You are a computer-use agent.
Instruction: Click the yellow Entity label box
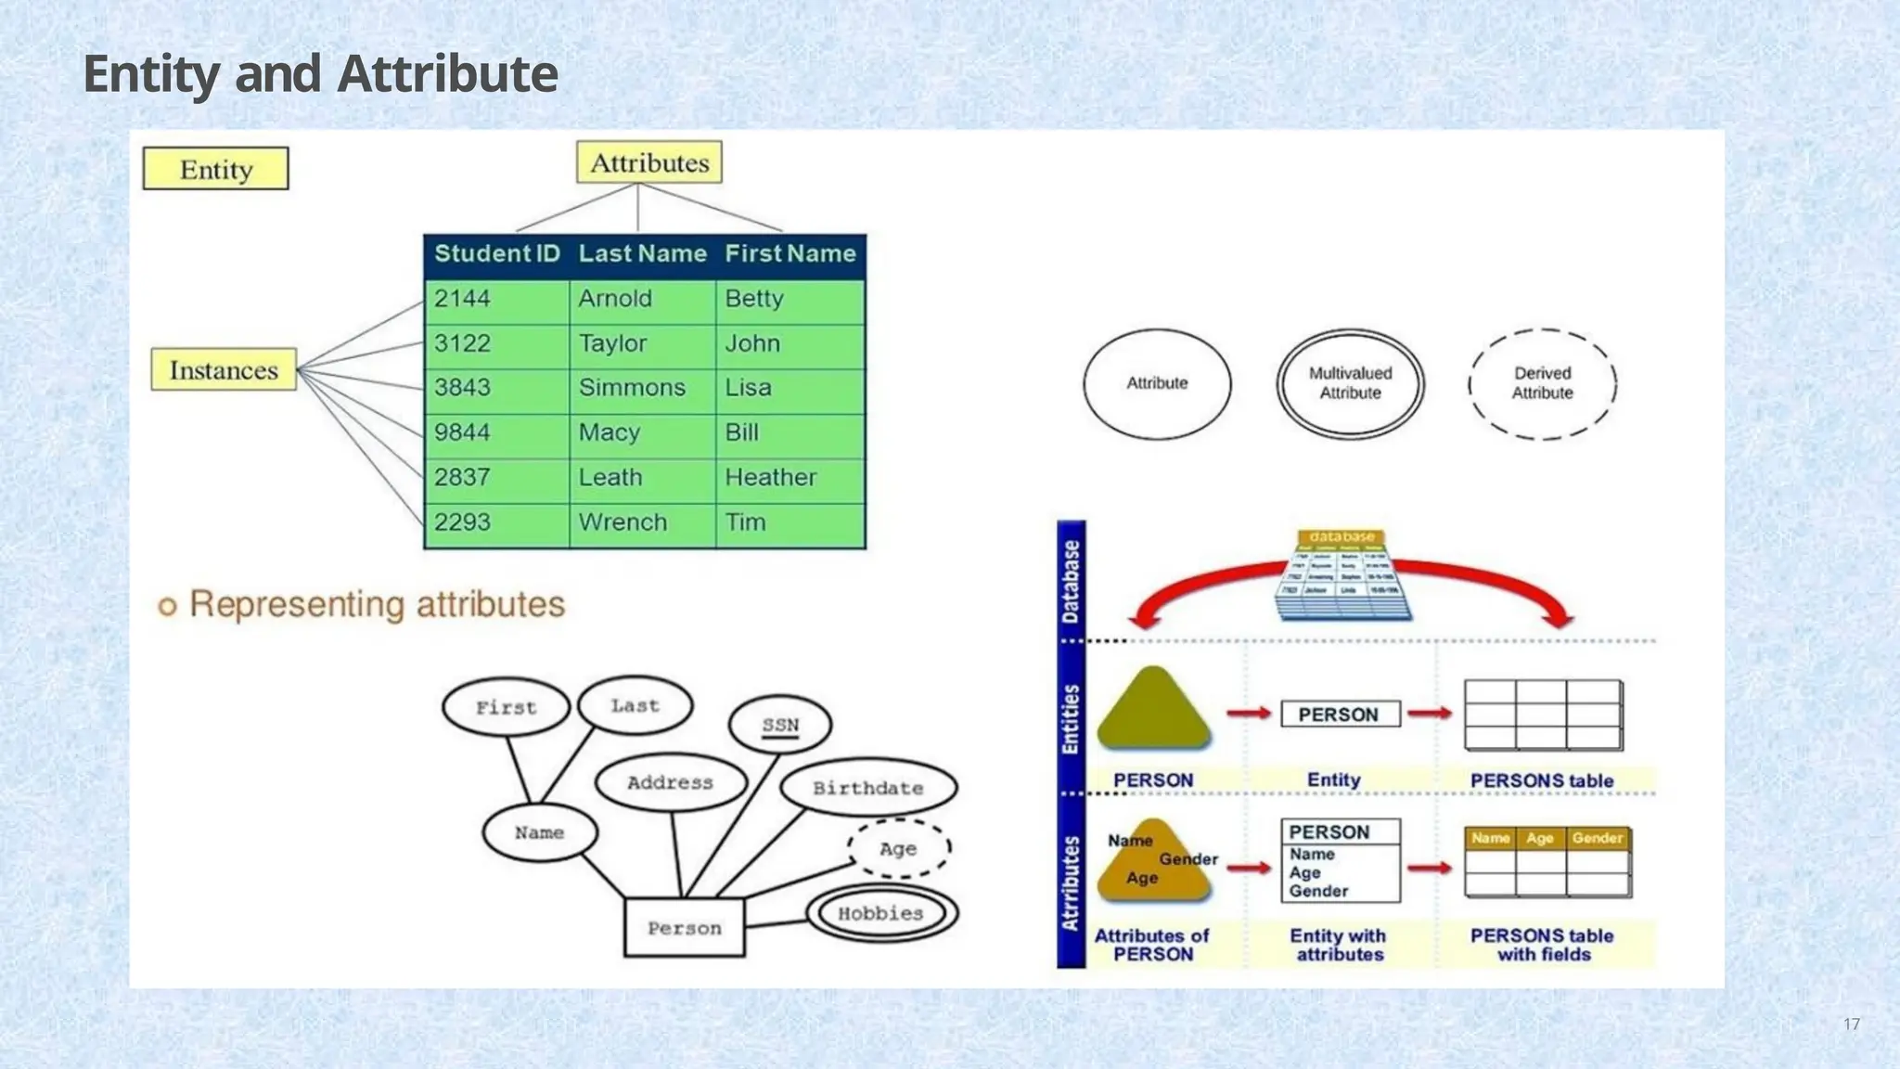[215, 169]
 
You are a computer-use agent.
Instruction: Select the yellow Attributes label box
[649, 162]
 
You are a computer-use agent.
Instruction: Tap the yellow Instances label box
[224, 370]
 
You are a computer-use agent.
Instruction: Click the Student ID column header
[497, 254]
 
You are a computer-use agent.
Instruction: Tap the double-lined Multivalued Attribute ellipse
[1350, 383]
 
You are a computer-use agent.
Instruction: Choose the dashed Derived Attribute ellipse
[1542, 383]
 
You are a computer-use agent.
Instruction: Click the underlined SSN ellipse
[780, 725]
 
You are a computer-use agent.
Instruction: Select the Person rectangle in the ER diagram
[685, 928]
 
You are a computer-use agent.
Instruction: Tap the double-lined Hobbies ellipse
[880, 914]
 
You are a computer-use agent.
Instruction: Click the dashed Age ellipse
[898, 848]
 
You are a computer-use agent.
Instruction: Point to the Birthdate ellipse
[868, 788]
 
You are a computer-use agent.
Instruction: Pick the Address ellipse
[670, 782]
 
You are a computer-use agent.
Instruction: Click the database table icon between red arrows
[1342, 575]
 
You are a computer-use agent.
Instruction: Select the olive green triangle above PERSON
[1153, 710]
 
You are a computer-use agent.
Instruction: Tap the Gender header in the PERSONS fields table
[1597, 838]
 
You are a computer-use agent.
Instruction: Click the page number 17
[1851, 1024]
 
